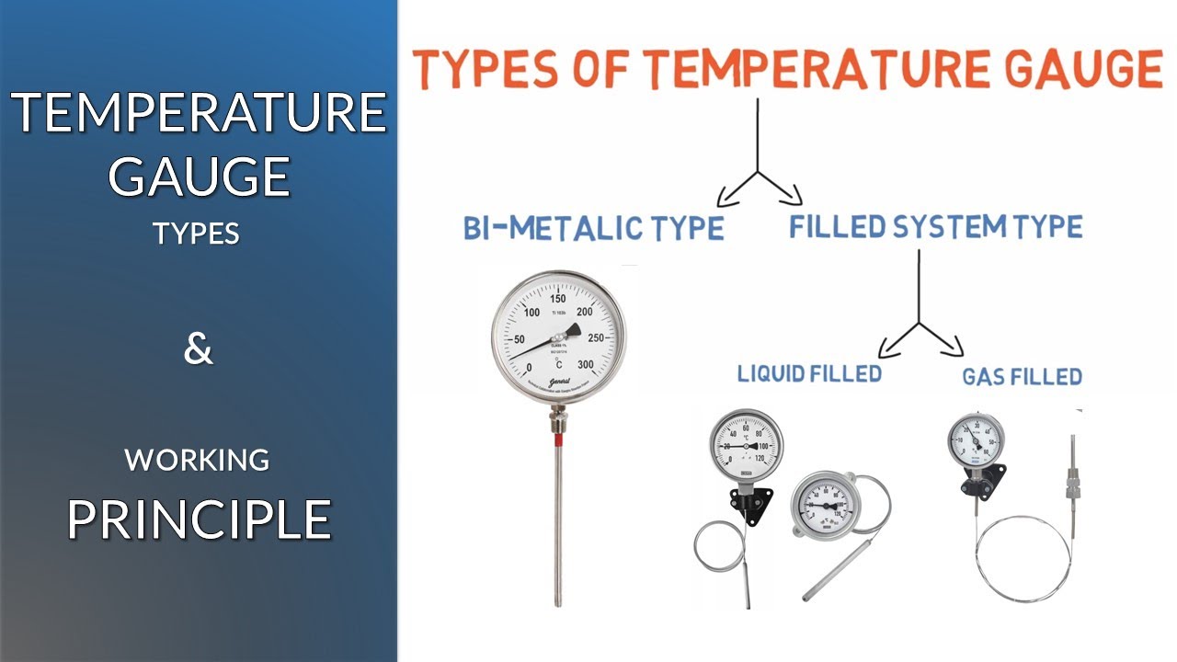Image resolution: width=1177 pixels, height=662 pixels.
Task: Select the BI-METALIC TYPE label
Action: (x=593, y=227)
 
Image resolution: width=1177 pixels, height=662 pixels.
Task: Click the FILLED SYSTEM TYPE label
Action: (x=935, y=226)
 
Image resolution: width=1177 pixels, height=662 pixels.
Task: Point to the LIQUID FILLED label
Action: (x=809, y=373)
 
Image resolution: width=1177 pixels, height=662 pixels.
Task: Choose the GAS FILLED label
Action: (x=1022, y=376)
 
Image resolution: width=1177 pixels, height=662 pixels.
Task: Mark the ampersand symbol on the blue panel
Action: (x=198, y=350)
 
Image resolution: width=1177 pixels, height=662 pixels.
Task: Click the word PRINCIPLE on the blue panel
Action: (x=199, y=519)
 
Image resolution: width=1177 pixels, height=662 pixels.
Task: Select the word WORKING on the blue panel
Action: (x=198, y=459)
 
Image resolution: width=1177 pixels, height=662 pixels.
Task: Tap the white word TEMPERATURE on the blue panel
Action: (x=199, y=113)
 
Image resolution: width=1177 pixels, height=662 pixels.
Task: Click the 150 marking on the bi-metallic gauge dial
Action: (x=557, y=299)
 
